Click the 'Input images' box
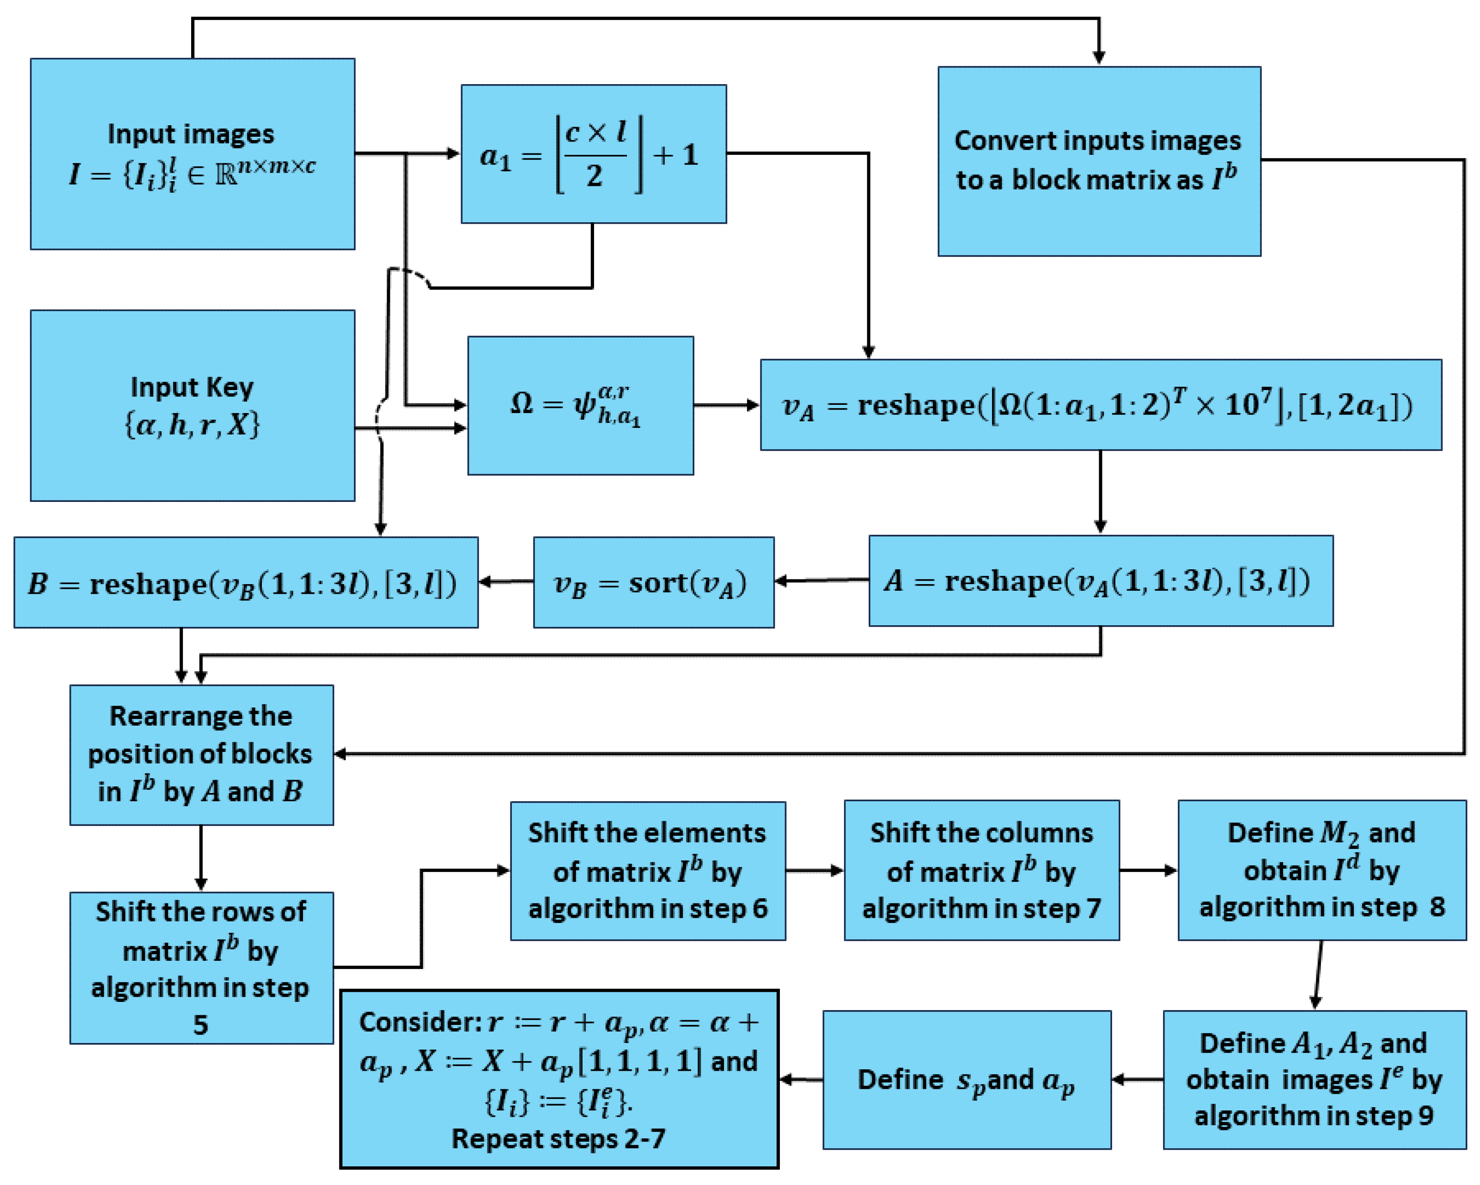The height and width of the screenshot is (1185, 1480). click(192, 154)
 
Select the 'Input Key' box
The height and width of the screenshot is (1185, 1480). click(192, 405)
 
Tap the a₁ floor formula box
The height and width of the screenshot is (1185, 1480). click(594, 154)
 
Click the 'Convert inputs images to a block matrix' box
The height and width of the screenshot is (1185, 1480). click(1099, 162)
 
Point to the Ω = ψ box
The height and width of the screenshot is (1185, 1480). click(580, 405)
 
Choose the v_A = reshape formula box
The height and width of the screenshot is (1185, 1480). click(1101, 405)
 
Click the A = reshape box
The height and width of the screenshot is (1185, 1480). click(1101, 581)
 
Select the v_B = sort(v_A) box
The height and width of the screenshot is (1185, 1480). click(654, 582)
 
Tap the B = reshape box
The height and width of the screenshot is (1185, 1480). click(246, 582)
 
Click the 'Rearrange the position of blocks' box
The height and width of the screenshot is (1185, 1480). click(201, 754)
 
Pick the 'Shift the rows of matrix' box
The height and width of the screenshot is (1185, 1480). click(201, 968)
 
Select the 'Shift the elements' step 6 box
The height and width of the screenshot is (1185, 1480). click(648, 870)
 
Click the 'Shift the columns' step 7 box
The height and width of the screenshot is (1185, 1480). click(981, 870)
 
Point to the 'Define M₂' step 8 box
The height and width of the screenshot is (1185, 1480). click(1321, 870)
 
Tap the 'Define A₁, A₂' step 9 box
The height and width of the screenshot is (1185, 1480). click(1314, 1079)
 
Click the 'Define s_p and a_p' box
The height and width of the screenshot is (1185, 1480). click(967, 1079)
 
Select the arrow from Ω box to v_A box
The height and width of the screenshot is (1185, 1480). click(726, 405)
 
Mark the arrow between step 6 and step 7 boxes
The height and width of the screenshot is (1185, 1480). click(815, 870)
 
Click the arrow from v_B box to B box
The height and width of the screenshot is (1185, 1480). click(506, 582)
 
